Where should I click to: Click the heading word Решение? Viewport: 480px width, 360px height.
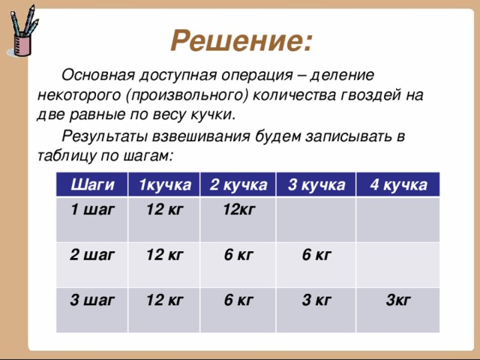[241, 40]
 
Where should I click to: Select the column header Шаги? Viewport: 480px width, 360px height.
[92, 185]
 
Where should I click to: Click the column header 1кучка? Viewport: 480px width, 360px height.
[165, 185]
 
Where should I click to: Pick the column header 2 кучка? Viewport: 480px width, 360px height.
[238, 185]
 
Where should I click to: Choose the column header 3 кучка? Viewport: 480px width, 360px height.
[316, 185]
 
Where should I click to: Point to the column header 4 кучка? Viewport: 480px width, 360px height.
[398, 185]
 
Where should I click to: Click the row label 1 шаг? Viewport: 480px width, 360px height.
[92, 210]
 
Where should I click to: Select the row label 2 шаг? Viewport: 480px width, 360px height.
[92, 255]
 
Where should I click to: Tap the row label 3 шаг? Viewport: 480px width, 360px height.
[92, 300]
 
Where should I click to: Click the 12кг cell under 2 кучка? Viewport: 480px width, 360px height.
[239, 210]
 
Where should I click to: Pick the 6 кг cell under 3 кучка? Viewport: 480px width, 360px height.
[316, 255]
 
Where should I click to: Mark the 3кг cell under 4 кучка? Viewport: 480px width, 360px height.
[398, 300]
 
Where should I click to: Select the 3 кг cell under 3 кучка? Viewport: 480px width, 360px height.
[316, 300]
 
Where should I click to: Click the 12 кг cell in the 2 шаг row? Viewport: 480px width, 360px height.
[165, 255]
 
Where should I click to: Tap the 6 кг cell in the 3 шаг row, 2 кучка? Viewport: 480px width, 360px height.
[238, 300]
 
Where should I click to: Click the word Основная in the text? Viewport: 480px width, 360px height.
[98, 75]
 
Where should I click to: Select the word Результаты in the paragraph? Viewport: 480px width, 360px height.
[105, 136]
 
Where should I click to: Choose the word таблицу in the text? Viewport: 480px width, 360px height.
[67, 156]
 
